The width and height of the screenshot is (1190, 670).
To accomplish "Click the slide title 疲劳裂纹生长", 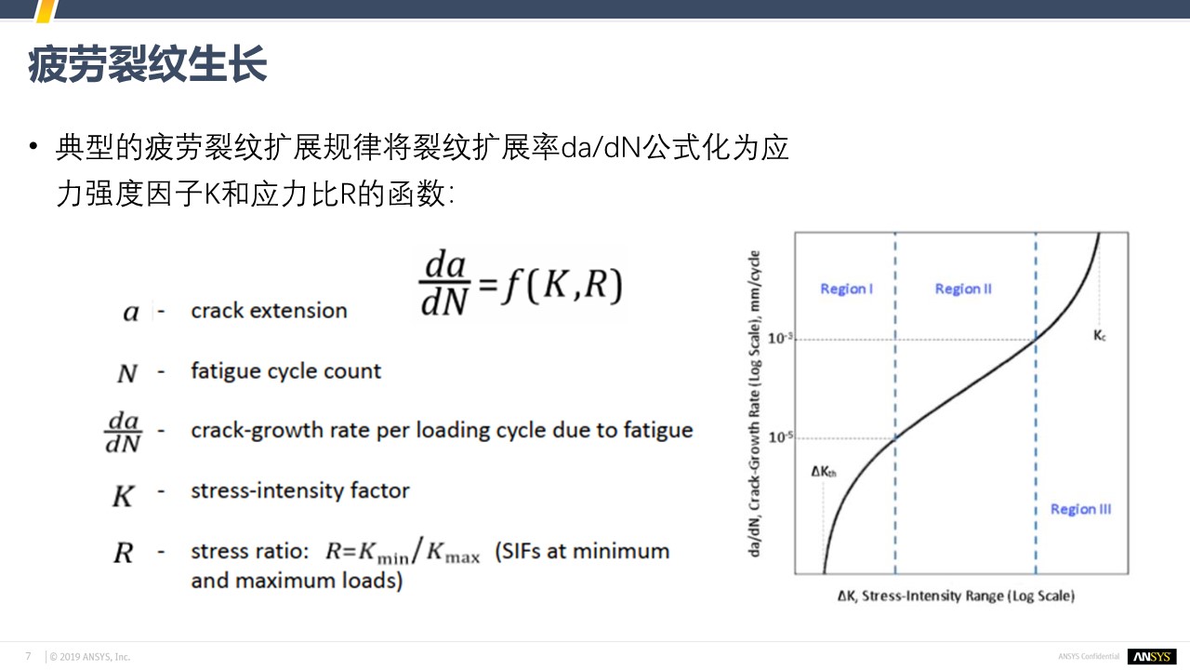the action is [147, 64].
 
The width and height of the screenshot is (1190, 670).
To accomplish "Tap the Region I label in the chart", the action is [846, 288].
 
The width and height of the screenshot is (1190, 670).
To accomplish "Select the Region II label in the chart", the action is [963, 288].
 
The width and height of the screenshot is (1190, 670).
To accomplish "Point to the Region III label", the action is [1080, 509].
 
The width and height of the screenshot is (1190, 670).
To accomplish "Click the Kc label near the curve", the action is [1099, 336].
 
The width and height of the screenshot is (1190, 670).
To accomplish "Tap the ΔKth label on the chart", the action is [824, 471].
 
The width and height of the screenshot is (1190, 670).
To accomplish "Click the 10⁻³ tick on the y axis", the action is [780, 338].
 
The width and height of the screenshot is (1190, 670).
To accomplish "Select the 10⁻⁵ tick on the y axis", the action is [780, 437].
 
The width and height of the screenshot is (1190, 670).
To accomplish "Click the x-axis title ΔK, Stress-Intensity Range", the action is [956, 596].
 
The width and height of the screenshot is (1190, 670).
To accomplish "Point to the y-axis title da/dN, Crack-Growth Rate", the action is [754, 404].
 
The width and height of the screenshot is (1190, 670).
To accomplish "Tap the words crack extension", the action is [269, 311].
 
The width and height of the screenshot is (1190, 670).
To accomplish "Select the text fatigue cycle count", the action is [285, 371].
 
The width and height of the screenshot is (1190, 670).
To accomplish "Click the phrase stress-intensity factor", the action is [300, 490].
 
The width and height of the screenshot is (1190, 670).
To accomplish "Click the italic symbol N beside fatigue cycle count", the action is [127, 373].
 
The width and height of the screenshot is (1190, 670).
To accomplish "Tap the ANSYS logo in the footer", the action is [1152, 657].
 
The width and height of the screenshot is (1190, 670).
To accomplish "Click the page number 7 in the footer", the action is [28, 656].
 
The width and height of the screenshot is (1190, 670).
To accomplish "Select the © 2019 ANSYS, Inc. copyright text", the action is [90, 657].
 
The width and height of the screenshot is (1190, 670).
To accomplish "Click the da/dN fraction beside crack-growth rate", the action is [123, 432].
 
